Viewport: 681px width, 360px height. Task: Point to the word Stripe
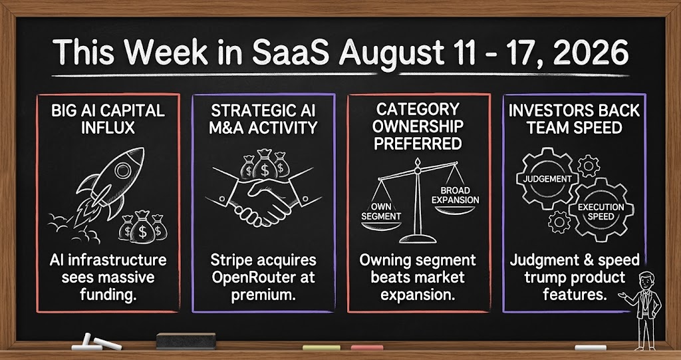pyautogui.click(x=233, y=261)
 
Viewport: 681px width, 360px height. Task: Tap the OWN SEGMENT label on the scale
pyautogui.click(x=381, y=210)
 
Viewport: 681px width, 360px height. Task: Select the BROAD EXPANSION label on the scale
pyautogui.click(x=455, y=195)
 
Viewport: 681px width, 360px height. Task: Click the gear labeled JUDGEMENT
pyautogui.click(x=547, y=179)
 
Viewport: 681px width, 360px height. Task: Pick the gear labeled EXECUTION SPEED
pyautogui.click(x=601, y=212)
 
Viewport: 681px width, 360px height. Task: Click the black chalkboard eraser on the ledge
pyautogui.click(x=186, y=341)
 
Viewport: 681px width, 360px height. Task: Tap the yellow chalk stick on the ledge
pyautogui.click(x=321, y=347)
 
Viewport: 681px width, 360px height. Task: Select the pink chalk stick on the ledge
pyautogui.click(x=367, y=347)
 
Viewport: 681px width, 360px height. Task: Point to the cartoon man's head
pyautogui.click(x=646, y=279)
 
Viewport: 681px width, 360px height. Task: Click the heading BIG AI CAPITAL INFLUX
pyautogui.click(x=108, y=118)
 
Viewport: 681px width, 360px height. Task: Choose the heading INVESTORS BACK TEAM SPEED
pyautogui.click(x=574, y=118)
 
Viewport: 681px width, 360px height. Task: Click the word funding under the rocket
pyautogui.click(x=108, y=294)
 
